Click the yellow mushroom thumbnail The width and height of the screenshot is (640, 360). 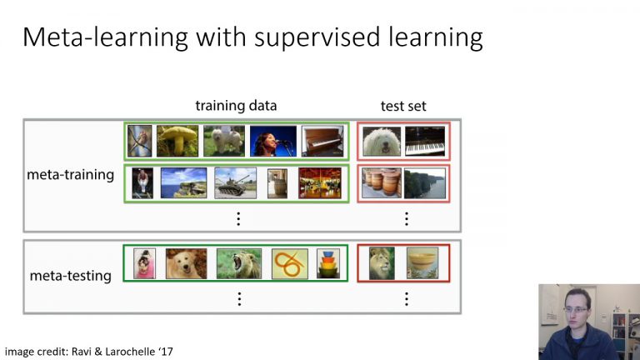coord(177,141)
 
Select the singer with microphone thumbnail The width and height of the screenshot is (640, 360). coord(273,141)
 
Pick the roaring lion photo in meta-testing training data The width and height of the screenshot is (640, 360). coord(239,263)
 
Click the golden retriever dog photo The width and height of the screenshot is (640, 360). coord(186,263)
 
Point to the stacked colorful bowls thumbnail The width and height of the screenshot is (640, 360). coord(328,263)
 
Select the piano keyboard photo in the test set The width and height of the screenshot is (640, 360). coord(425,141)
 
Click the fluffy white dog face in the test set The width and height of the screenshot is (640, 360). coord(382,141)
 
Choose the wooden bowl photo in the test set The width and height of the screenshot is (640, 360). coord(422,263)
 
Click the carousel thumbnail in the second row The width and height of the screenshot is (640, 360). coord(320,182)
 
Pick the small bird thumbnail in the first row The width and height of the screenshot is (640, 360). coord(139,141)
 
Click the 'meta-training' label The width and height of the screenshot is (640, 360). coord(71,176)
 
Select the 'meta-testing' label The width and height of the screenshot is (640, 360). coord(71,275)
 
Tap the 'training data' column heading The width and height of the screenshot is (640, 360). coord(236,106)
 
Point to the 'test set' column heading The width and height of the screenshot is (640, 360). coord(403,106)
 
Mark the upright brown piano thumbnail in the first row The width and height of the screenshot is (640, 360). coord(322,141)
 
